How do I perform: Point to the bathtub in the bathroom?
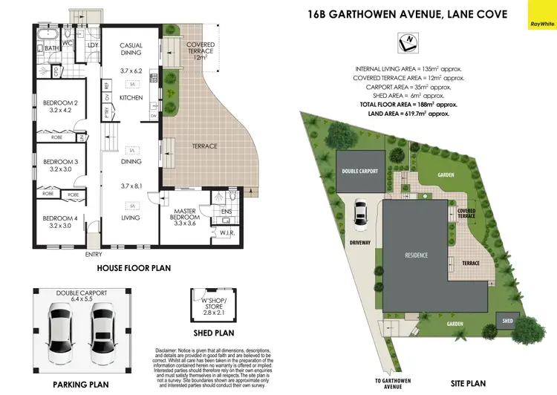pyautogui.click(x=47, y=35)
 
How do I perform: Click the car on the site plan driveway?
pyautogui.click(x=360, y=212)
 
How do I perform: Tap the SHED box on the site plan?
pyautogui.click(x=507, y=321)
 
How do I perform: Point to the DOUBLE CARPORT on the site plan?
pyautogui.click(x=360, y=172)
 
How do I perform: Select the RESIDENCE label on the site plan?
pyautogui.click(x=416, y=255)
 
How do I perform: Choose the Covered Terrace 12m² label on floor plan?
pyautogui.click(x=201, y=50)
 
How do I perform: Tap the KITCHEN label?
pyautogui.click(x=131, y=97)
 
